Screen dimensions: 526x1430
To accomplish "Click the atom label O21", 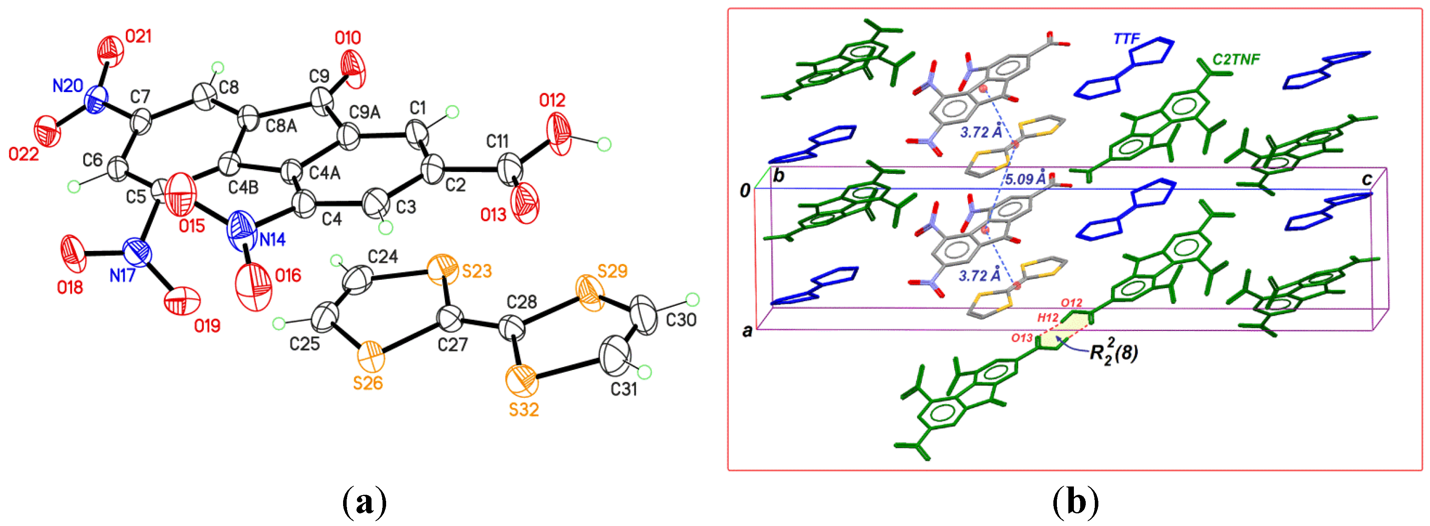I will (x=138, y=37).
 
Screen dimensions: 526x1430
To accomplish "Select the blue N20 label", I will (x=68, y=86).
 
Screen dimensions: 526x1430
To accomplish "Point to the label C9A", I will (x=365, y=112).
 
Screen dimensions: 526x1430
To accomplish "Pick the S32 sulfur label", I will (x=524, y=410).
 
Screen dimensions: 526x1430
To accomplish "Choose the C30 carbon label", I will (x=681, y=320).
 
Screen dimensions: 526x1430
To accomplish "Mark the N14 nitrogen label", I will (x=272, y=240).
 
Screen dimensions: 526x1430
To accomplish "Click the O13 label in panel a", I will (x=493, y=215).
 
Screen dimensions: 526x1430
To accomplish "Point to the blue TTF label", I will (x=1126, y=39).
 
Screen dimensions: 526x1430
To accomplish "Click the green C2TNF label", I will (x=1236, y=59).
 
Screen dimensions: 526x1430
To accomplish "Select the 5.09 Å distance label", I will (x=1026, y=179).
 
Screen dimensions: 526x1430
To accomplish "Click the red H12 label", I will (x=1048, y=318).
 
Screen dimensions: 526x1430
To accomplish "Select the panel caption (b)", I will (x=1076, y=501).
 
